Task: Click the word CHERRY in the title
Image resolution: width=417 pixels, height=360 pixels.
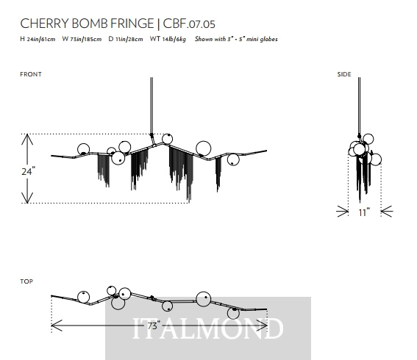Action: point(44,24)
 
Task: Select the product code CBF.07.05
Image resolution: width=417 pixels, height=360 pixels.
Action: point(189,24)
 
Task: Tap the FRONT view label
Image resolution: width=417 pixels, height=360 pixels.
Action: point(31,74)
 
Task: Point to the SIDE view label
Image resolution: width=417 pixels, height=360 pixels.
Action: point(344,74)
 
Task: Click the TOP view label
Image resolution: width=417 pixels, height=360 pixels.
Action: point(26,281)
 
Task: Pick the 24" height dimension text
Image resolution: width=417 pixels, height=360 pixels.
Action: point(28,171)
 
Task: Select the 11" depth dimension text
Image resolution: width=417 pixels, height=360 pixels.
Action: point(364,212)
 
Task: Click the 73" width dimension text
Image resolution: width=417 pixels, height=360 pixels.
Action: point(154,325)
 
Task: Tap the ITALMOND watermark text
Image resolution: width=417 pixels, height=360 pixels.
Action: point(207,328)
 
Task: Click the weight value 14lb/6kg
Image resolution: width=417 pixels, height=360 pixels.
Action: point(174,40)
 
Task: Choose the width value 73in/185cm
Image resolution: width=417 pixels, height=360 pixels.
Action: point(85,40)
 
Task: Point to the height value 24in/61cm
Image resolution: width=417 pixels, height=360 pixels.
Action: point(41,40)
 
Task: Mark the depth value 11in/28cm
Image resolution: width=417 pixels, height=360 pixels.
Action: point(129,40)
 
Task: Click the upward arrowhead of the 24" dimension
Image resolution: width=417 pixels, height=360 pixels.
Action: point(27,135)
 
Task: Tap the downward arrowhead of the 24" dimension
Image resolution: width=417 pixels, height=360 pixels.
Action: point(27,202)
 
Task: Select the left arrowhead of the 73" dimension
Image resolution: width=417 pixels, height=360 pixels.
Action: point(51,325)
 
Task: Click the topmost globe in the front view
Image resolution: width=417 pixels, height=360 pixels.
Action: point(167,139)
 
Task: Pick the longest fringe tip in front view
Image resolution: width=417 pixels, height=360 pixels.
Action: point(189,201)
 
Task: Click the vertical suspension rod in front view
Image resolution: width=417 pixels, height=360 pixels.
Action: point(152,107)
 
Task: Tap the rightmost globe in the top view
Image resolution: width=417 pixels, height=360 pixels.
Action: point(233,313)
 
